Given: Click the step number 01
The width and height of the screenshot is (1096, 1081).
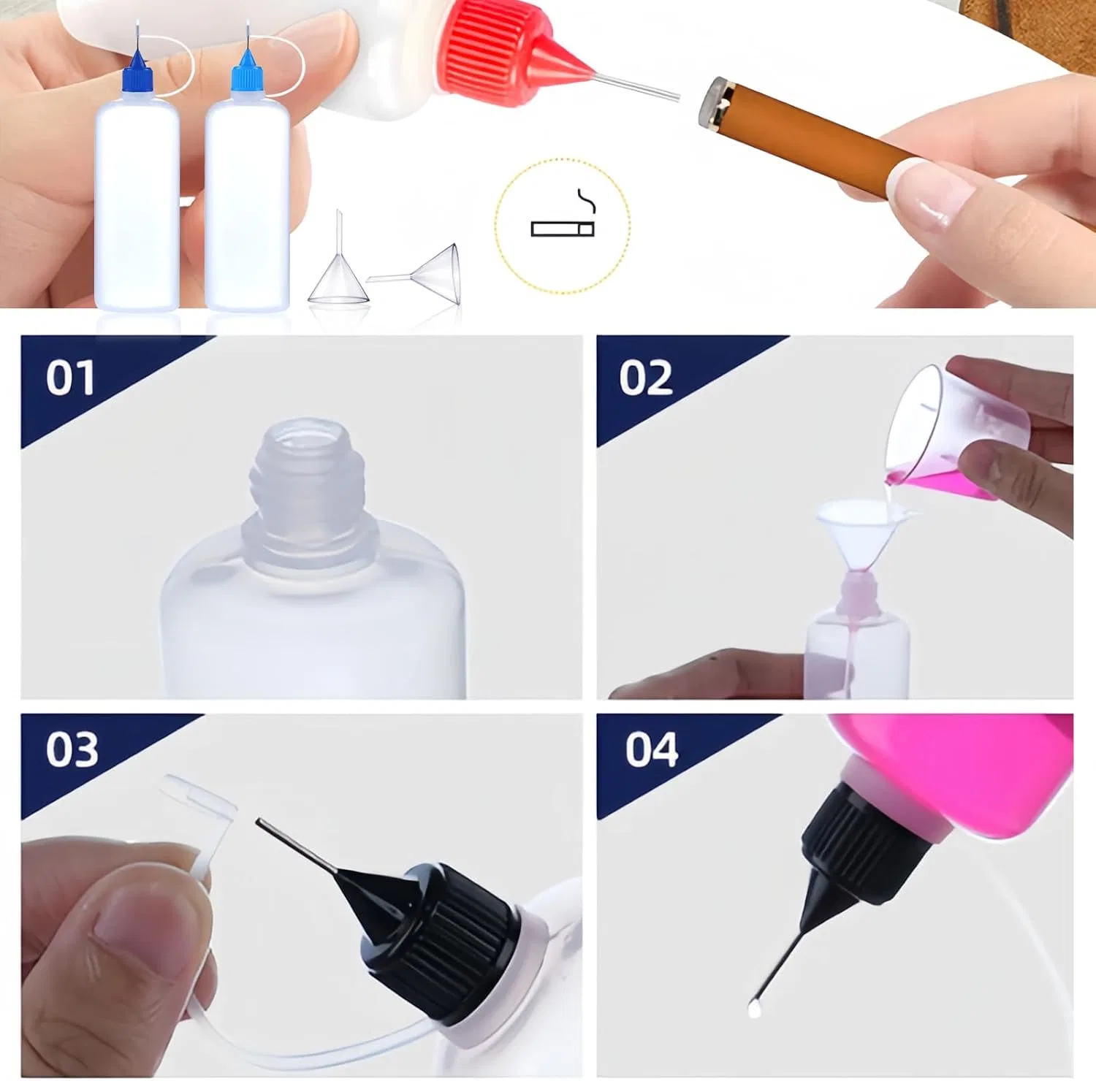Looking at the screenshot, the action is click(x=70, y=378).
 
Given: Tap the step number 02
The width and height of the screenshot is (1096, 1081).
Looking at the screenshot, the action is click(x=646, y=378).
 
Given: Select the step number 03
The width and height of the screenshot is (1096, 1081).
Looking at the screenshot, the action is click(x=72, y=749).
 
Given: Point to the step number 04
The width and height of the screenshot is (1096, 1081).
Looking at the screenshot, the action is click(x=652, y=749).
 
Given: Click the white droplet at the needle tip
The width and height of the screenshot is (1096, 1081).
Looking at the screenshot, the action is click(x=754, y=1009).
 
